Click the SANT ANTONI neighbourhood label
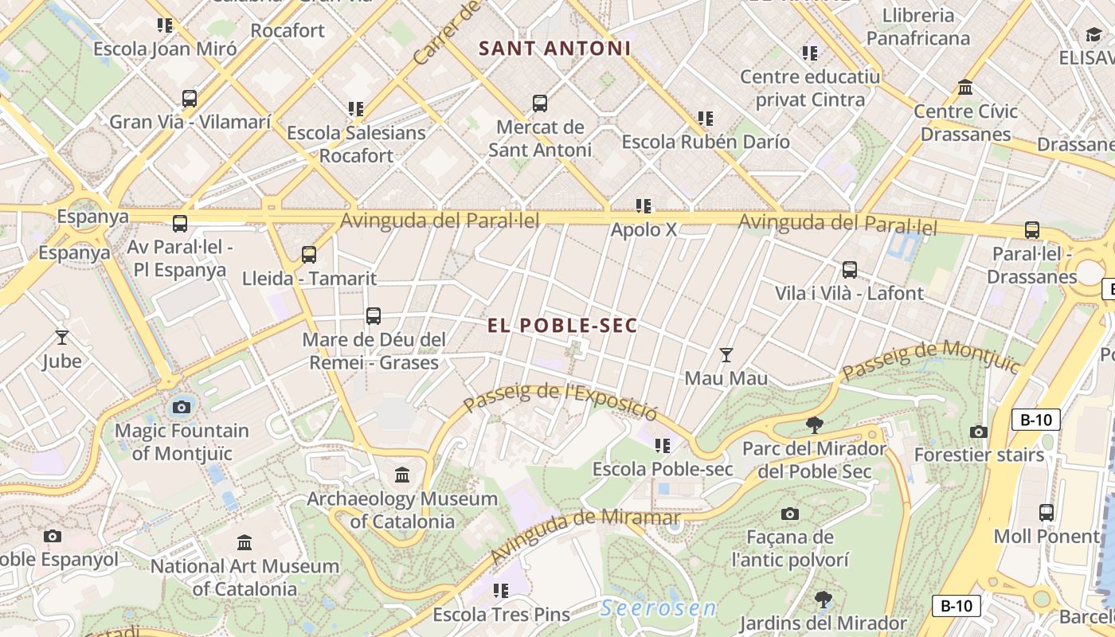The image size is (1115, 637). pos(554,49)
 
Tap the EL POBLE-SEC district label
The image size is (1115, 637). pos(562,325)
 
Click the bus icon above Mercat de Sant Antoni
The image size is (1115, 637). pos(540,103)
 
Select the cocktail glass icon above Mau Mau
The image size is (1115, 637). pos(726,354)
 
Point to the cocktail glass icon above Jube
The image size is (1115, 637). pos(62,338)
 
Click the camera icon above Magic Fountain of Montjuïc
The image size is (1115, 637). pos(182,408)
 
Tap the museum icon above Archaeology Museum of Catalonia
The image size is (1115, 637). pos(402,475)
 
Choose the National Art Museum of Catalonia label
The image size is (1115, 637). pos(245,577)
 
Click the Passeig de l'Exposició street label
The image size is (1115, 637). pos(561,401)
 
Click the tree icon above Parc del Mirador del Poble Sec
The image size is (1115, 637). pos(814,424)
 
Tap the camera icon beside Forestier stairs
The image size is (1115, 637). pos(979,432)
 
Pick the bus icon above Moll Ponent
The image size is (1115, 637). pos(1047,512)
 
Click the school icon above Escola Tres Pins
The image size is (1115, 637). pos(500,590)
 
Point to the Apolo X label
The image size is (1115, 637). pos(644,229)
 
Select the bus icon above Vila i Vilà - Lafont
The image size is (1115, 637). pos(850,269)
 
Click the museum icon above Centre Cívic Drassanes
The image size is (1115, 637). pos(965,87)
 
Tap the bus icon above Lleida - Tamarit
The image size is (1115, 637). pos(309,255)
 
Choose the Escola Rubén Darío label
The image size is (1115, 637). pos(706,142)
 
